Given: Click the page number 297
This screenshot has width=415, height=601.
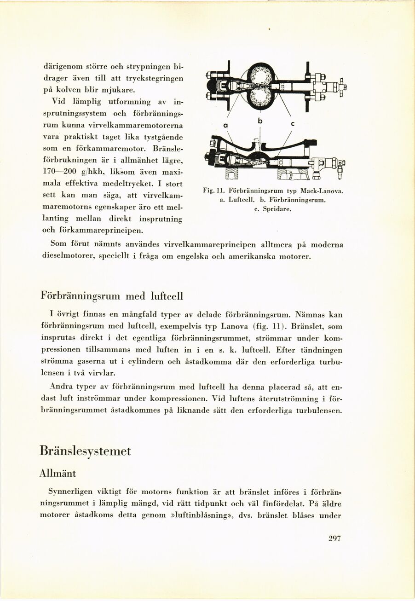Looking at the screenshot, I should tap(334, 539).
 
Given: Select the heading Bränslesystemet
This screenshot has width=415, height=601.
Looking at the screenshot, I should tap(85, 451).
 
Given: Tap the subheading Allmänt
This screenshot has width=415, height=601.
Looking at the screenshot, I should tap(58, 473).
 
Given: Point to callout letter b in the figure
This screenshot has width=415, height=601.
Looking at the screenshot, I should tap(260, 121).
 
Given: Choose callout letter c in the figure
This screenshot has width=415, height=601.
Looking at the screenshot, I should tap(292, 124).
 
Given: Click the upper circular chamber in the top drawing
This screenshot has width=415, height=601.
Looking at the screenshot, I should tap(260, 76).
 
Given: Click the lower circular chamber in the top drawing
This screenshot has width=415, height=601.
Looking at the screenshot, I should tap(260, 97).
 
